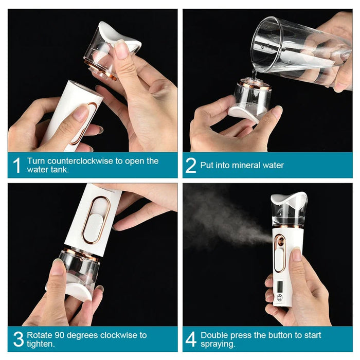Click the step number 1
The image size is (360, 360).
coord(16,166)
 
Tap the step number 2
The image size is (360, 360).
coord(191,166)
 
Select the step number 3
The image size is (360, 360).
coord(17,339)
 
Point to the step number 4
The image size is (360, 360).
coord(191,339)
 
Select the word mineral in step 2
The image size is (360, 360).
coord(244,166)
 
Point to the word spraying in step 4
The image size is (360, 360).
coord(217,344)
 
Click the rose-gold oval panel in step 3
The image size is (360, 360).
coord(96,220)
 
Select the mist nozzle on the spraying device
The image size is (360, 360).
coord(278,239)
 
